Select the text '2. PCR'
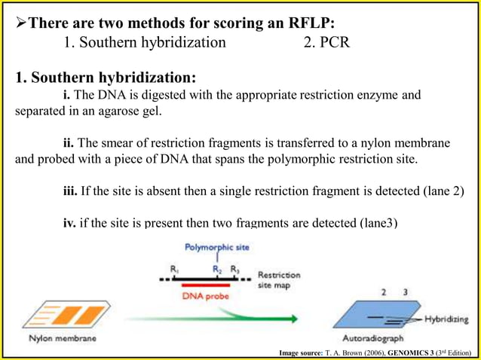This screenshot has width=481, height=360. (326, 42)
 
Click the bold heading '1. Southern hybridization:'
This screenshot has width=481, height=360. (106, 78)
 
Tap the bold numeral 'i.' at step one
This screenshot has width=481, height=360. (67, 96)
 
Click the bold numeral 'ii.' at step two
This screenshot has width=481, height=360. (69, 143)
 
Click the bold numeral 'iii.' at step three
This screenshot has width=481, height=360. (70, 191)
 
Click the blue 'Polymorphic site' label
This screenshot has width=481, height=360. (217, 247)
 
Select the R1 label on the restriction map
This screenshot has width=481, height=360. (175, 268)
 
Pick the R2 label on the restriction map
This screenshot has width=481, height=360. (217, 268)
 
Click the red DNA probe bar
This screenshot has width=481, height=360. (205, 285)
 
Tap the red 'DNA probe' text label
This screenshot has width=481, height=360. (206, 296)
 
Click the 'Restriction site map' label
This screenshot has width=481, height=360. (278, 280)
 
